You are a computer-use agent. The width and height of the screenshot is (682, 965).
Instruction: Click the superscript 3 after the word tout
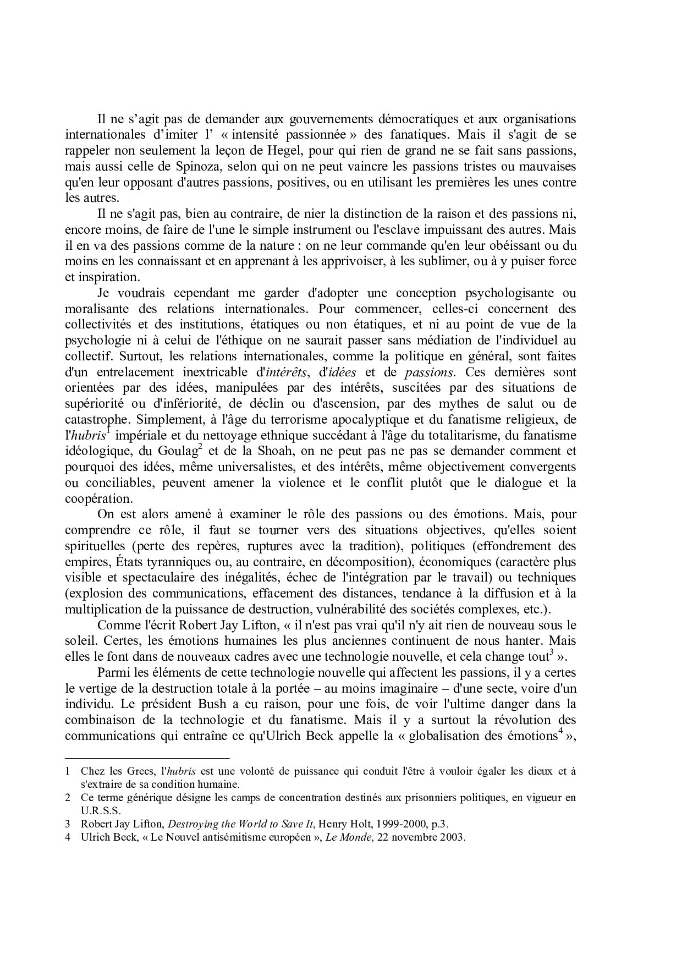point(551,651)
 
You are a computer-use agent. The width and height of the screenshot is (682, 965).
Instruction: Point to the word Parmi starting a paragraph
point(112,672)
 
